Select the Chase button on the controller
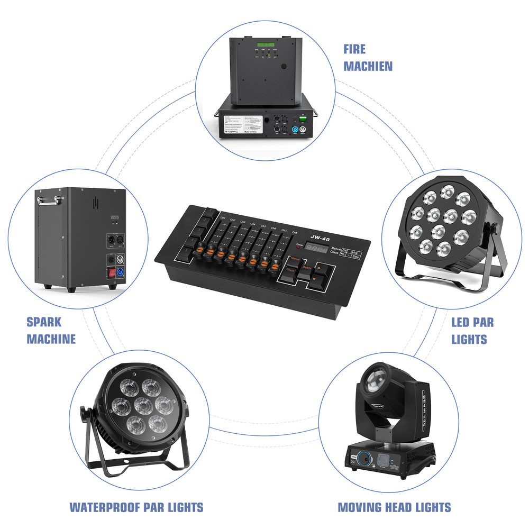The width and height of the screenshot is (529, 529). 290,270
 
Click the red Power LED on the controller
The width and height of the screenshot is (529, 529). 300,246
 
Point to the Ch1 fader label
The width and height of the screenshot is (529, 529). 223,218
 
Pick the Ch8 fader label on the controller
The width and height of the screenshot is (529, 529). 295,233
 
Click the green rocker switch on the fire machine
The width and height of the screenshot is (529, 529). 304,120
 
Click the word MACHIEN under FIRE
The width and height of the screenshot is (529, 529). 368,66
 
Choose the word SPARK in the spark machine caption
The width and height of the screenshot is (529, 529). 44,322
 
